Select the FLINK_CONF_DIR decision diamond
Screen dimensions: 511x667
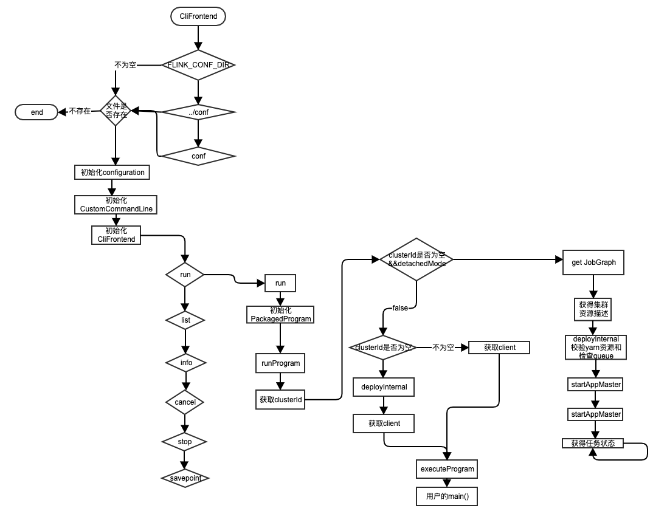pyautogui.click(x=198, y=65)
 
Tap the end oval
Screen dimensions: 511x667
pyautogui.click(x=37, y=112)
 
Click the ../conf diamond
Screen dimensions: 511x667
pyautogui.click(x=198, y=112)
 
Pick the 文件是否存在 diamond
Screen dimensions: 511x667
pyautogui.click(x=116, y=111)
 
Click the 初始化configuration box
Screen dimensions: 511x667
pyautogui.click(x=112, y=173)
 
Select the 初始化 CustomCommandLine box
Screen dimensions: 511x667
pyautogui.click(x=116, y=205)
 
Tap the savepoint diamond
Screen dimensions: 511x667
pyautogui.click(x=185, y=478)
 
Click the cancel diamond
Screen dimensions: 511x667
pyautogui.click(x=185, y=402)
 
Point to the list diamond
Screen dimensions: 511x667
pyautogui.click(x=185, y=320)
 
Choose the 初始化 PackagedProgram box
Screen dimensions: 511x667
pyautogui.click(x=281, y=314)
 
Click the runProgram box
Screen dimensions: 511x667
pyautogui.click(x=280, y=363)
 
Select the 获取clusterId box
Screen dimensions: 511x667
pyautogui.click(x=280, y=400)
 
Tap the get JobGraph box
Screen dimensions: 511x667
pyautogui.click(x=593, y=262)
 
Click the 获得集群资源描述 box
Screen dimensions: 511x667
pyautogui.click(x=593, y=309)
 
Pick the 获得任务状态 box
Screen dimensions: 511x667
pyautogui.click(x=593, y=444)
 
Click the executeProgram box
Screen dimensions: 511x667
pyautogui.click(x=447, y=469)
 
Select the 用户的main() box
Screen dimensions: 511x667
pyautogui.click(x=447, y=496)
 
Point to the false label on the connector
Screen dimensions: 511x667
pyautogui.click(x=400, y=308)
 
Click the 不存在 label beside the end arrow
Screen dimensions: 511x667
pyautogui.click(x=80, y=111)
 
